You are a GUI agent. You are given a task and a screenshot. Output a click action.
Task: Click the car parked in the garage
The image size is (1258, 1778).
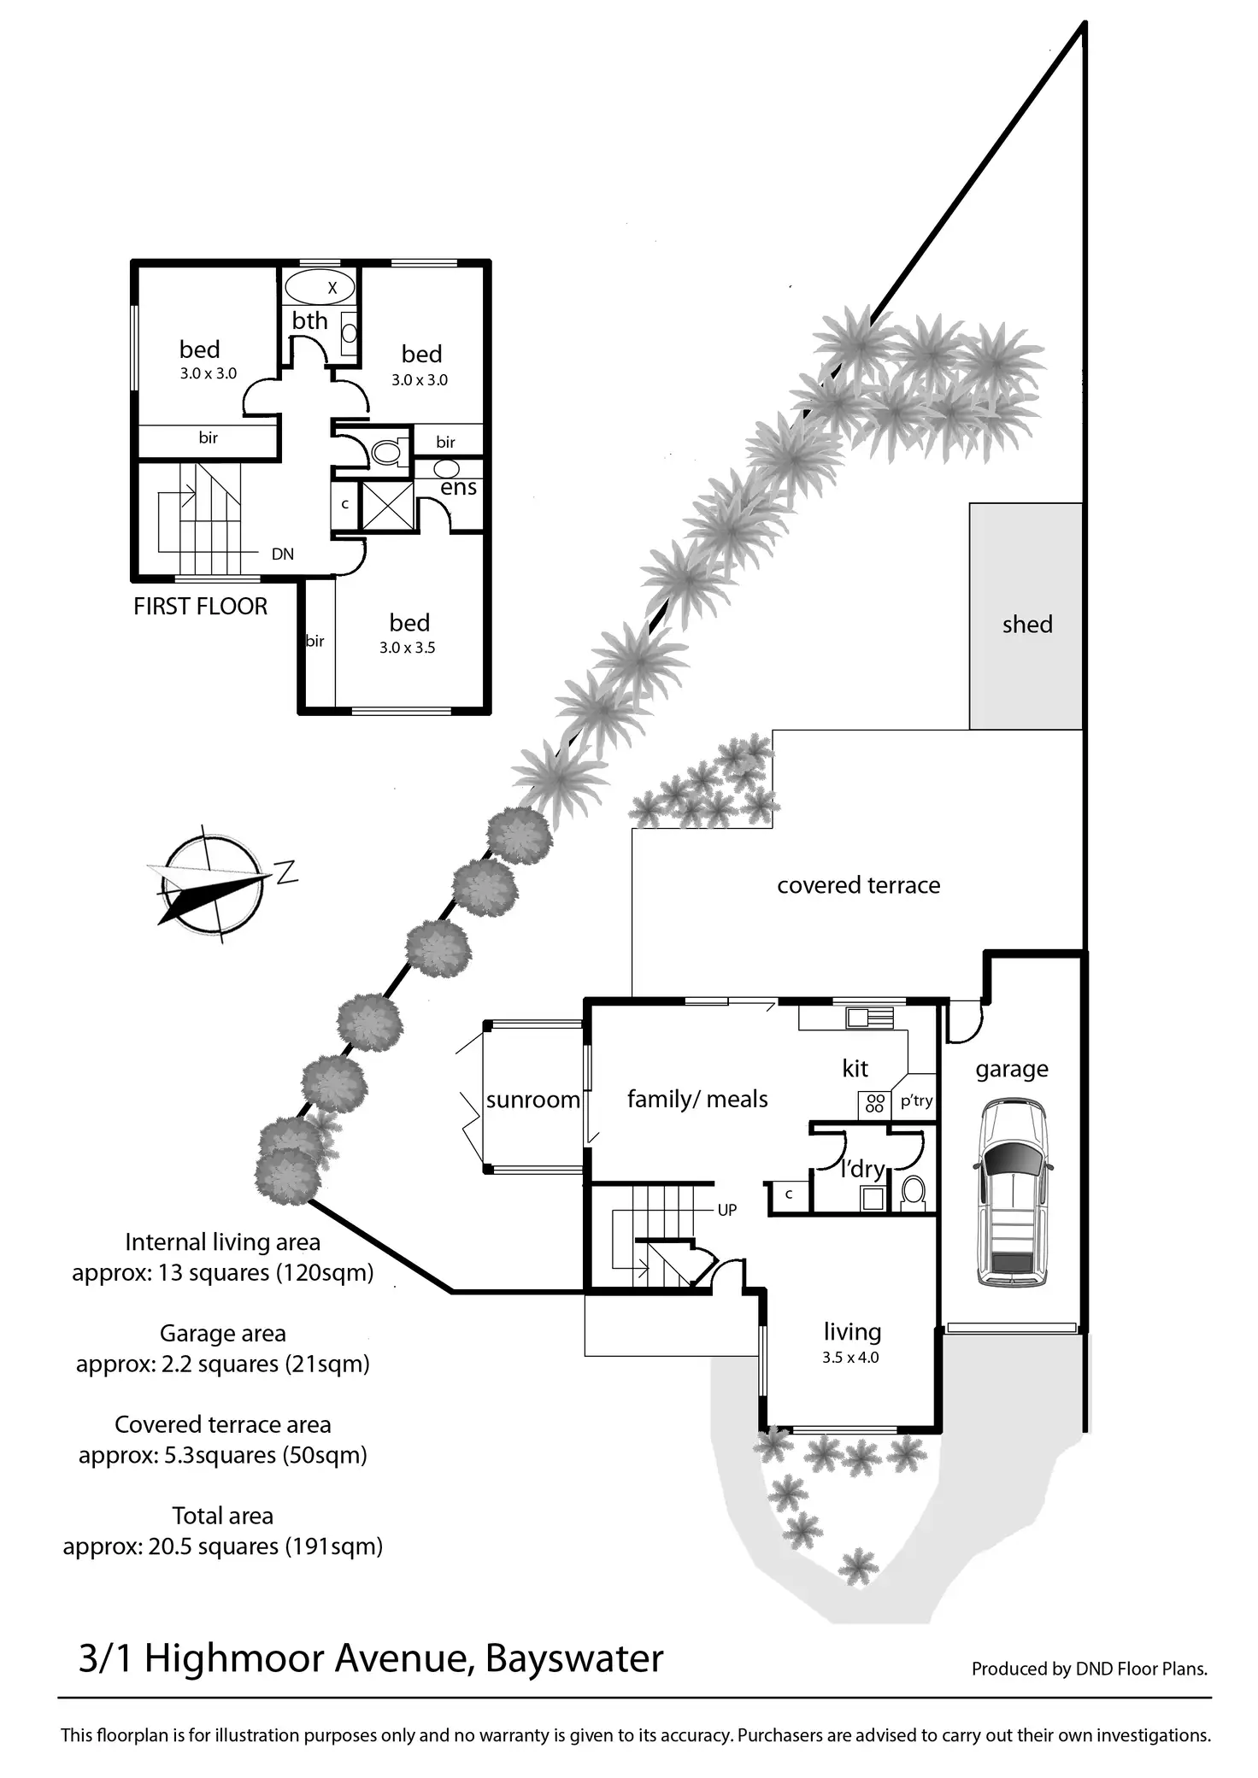pos(1013,1194)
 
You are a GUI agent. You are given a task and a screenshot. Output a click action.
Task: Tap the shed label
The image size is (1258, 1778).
pos(1026,625)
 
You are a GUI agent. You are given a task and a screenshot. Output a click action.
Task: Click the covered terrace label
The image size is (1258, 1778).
pos(858,885)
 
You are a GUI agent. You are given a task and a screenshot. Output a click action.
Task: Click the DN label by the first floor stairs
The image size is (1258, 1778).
pos(283,554)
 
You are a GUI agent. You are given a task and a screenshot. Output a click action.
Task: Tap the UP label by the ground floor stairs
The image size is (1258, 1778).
pos(726,1210)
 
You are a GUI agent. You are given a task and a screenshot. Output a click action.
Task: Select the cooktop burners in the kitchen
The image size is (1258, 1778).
pos(873,1103)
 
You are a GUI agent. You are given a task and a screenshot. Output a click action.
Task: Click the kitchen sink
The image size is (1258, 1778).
pos(869,1017)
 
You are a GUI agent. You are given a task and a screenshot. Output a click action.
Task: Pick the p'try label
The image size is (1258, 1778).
pos(916,1100)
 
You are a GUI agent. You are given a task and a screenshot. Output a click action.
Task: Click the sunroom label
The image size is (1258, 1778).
pos(532,1100)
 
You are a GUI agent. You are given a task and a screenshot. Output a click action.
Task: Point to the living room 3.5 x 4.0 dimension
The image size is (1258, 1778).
pos(850,1358)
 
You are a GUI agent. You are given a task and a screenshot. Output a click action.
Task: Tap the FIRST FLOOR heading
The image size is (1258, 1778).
pos(200,607)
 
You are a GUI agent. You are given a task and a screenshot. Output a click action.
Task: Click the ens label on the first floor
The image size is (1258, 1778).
pos(458,488)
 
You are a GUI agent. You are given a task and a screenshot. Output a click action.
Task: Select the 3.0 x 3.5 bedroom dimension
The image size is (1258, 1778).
pos(408,648)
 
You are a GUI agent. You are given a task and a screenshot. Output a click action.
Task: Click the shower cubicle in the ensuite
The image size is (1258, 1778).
pos(387,506)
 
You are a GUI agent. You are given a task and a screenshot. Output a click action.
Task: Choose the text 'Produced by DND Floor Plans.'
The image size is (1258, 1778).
pos(1089,1669)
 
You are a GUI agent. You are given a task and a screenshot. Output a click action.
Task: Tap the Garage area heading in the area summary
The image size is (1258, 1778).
pos(222,1333)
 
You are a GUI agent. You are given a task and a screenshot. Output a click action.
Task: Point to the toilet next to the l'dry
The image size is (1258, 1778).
pos(914,1190)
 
